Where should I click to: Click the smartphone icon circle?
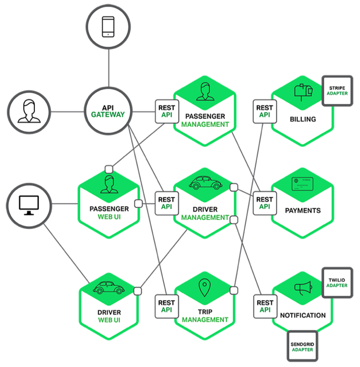pyautogui.click(x=108, y=28)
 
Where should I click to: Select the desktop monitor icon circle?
pyautogui.click(x=28, y=204)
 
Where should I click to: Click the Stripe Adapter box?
pyautogui.click(x=338, y=90)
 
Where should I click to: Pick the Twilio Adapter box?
pyautogui.click(x=338, y=282)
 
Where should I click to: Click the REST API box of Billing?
pyautogui.click(x=264, y=111)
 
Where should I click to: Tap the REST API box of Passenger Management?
pyautogui.click(x=166, y=111)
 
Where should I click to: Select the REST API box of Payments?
pyautogui.click(x=264, y=203)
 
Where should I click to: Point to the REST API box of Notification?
pyautogui.click(x=265, y=306)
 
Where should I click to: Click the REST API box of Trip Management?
pyautogui.click(x=166, y=306)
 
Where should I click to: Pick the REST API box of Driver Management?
pyautogui.click(x=166, y=203)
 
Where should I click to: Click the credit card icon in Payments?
pyautogui.click(x=302, y=185)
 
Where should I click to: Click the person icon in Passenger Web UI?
pyautogui.click(x=109, y=184)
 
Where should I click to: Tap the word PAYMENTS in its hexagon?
pyautogui.click(x=303, y=211)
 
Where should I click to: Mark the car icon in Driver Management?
pyautogui.click(x=204, y=183)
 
